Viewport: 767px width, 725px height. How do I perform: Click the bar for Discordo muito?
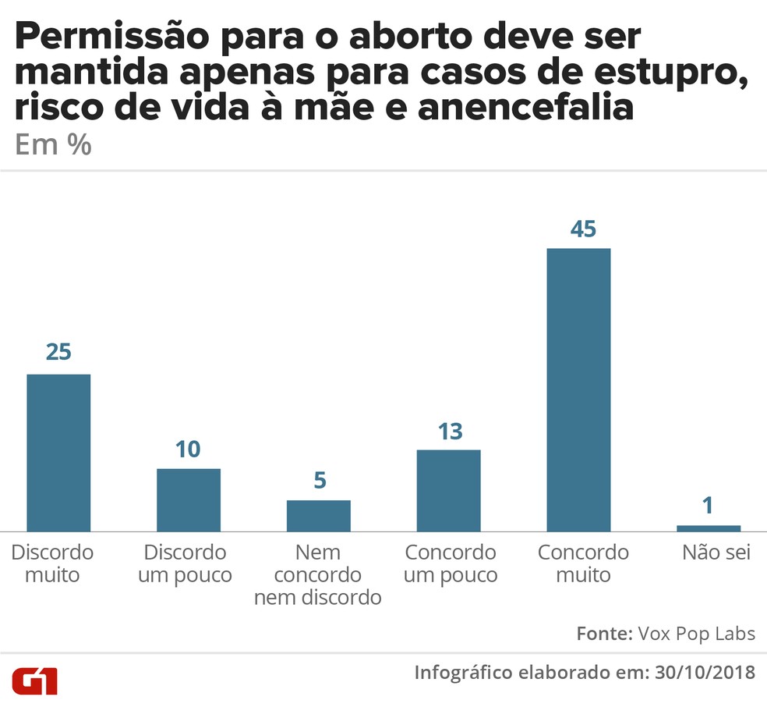tap(58, 453)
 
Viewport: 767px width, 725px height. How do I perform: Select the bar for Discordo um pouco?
tap(189, 499)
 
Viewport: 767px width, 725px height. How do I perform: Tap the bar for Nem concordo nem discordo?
tap(319, 516)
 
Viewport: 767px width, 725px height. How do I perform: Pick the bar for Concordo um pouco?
tap(448, 490)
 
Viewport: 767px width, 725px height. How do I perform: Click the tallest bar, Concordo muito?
tap(578, 390)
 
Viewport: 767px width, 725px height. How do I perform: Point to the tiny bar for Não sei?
tap(709, 528)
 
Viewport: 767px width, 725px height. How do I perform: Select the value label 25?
tap(58, 352)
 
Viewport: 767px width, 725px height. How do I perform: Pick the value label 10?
tap(188, 450)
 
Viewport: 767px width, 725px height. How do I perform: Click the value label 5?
tap(319, 481)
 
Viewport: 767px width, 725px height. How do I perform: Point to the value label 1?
tap(708, 506)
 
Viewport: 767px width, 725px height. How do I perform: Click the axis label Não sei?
tap(716, 553)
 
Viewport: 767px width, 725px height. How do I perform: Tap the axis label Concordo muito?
tap(583, 564)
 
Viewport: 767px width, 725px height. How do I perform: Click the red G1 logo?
tap(35, 681)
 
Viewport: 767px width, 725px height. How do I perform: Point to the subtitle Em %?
tap(53, 146)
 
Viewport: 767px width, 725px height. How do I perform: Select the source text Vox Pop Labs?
tap(696, 633)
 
